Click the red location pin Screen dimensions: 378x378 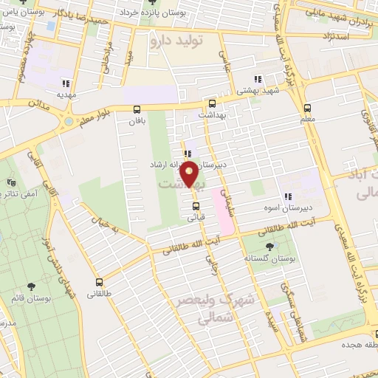(x=189, y=173)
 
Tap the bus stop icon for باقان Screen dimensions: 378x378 (x=137, y=109)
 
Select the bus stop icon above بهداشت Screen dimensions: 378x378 (x=213, y=104)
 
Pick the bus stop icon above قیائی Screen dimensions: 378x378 (x=196, y=206)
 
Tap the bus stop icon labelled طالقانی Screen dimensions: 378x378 (x=100, y=281)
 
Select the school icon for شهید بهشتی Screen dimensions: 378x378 (x=257, y=79)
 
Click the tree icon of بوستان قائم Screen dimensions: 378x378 (x=30, y=286)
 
